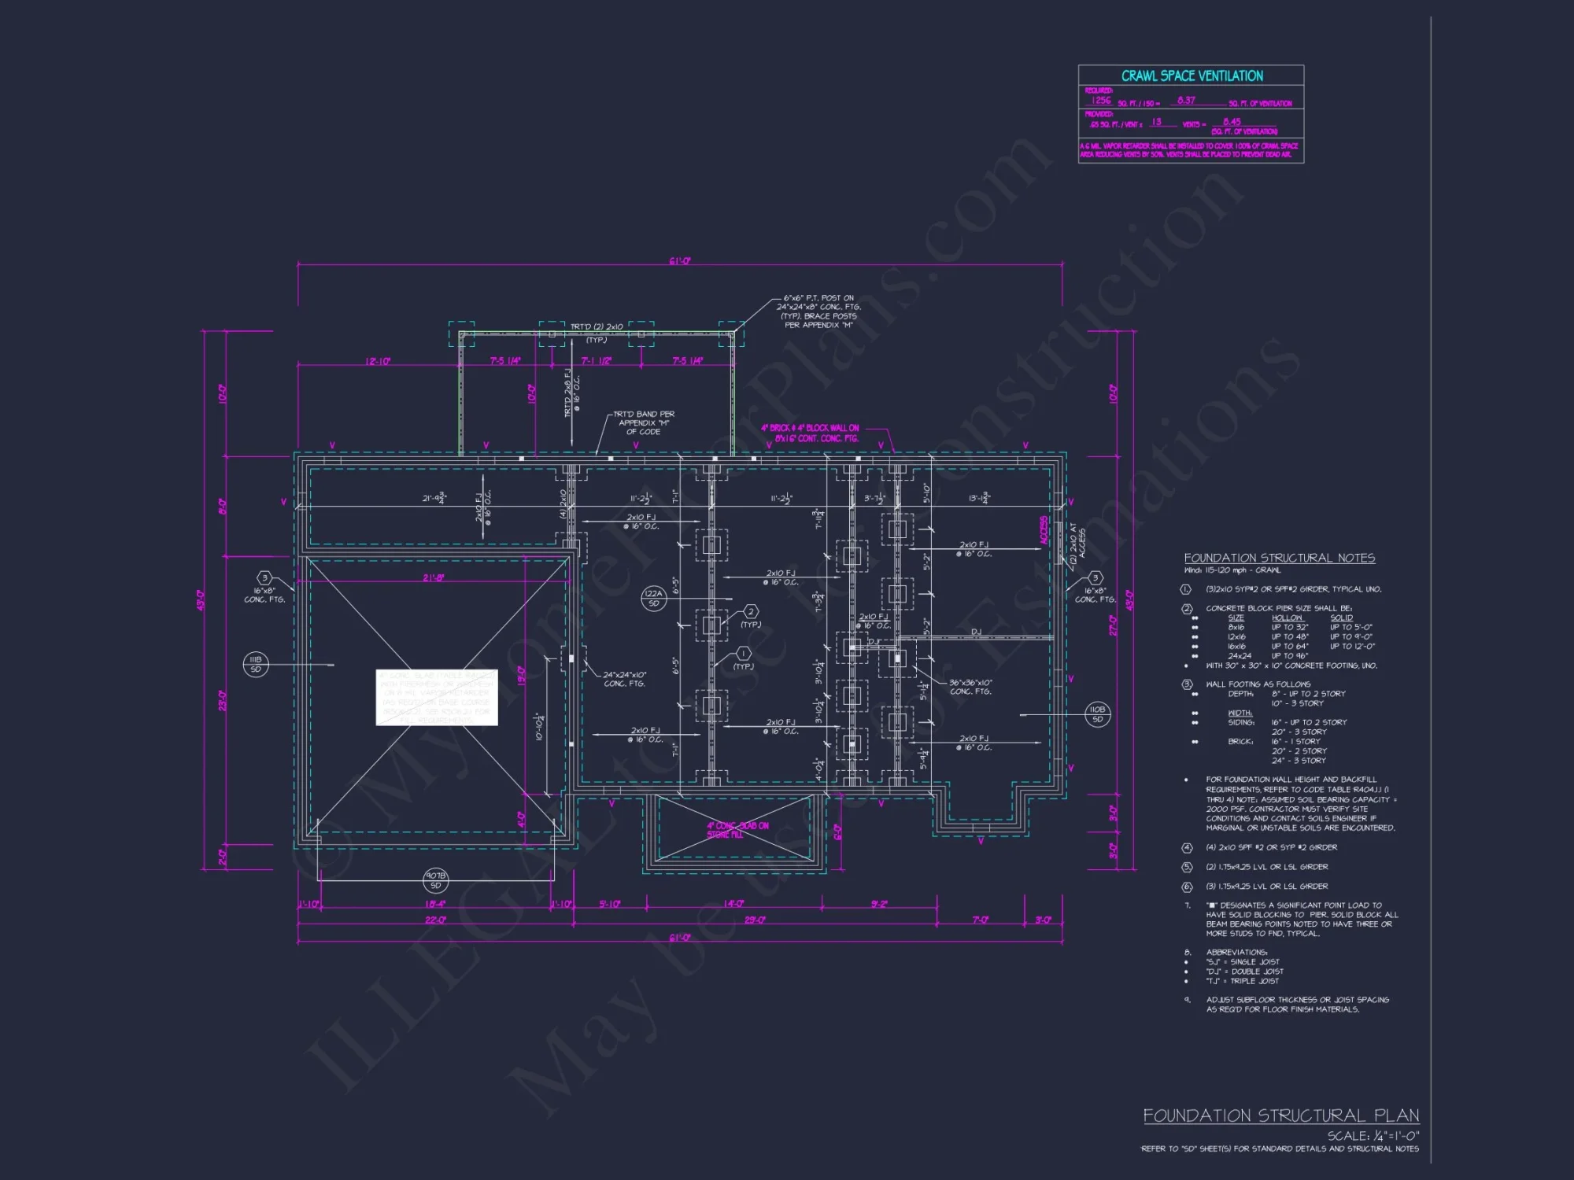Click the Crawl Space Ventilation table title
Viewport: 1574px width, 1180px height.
(x=1192, y=76)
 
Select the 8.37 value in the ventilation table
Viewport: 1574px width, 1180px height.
(x=1186, y=101)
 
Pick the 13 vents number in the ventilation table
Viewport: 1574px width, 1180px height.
(x=1156, y=122)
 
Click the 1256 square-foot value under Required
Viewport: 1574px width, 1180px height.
(x=1101, y=101)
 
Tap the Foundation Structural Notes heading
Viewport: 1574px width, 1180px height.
(x=1279, y=558)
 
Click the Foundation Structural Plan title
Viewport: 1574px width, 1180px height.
(x=1280, y=1115)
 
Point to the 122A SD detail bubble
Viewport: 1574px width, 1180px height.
(x=653, y=599)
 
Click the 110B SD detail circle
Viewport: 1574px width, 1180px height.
(x=1097, y=714)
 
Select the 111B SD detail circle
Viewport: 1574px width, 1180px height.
(x=256, y=664)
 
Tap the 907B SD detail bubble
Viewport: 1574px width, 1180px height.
(x=436, y=880)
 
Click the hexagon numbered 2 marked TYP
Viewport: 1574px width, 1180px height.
(x=751, y=611)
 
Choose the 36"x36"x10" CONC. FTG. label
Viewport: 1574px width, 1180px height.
(x=970, y=687)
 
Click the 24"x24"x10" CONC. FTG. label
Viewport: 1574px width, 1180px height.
(x=625, y=679)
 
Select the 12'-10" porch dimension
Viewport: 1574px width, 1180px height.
(x=378, y=361)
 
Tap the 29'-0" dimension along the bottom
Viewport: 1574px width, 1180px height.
(x=755, y=920)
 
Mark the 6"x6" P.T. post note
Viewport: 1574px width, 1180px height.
(x=818, y=312)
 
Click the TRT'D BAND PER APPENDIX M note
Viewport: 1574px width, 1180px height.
(x=644, y=422)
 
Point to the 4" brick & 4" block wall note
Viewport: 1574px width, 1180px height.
(x=811, y=433)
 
